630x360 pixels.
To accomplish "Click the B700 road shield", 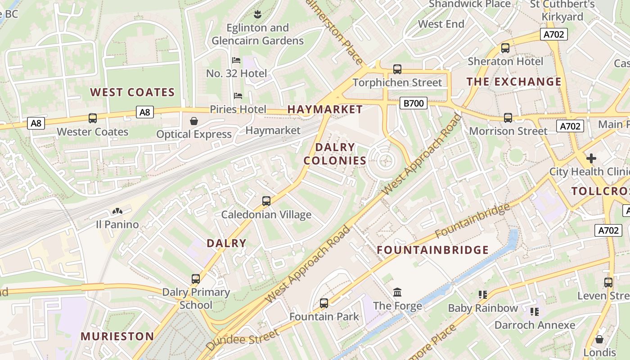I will (x=413, y=103).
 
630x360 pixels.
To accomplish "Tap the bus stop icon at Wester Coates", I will (x=93, y=118).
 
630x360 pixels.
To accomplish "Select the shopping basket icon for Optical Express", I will (x=194, y=121).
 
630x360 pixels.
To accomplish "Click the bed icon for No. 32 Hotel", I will (x=236, y=60).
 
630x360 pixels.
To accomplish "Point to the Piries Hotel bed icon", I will (x=238, y=96).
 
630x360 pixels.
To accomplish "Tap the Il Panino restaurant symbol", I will (x=117, y=211).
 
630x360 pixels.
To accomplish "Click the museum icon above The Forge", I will (x=397, y=292).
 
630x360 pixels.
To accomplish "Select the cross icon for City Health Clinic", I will (x=591, y=158).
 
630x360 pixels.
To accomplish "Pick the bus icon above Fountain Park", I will (x=324, y=303).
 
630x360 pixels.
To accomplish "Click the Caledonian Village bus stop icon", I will (x=266, y=201).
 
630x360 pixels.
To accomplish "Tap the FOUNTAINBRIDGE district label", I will (x=432, y=250).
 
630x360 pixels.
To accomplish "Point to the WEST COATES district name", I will (x=132, y=93).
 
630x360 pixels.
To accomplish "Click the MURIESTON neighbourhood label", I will (x=117, y=336).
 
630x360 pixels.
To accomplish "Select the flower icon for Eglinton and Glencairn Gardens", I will (x=257, y=14).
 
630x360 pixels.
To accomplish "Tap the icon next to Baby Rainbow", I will (x=483, y=295).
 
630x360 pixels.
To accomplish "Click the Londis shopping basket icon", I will (x=599, y=339).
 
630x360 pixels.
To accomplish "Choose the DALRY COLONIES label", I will (x=335, y=154).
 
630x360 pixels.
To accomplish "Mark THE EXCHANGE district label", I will (x=514, y=82).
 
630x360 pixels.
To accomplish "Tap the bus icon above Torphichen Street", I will (x=397, y=69).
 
